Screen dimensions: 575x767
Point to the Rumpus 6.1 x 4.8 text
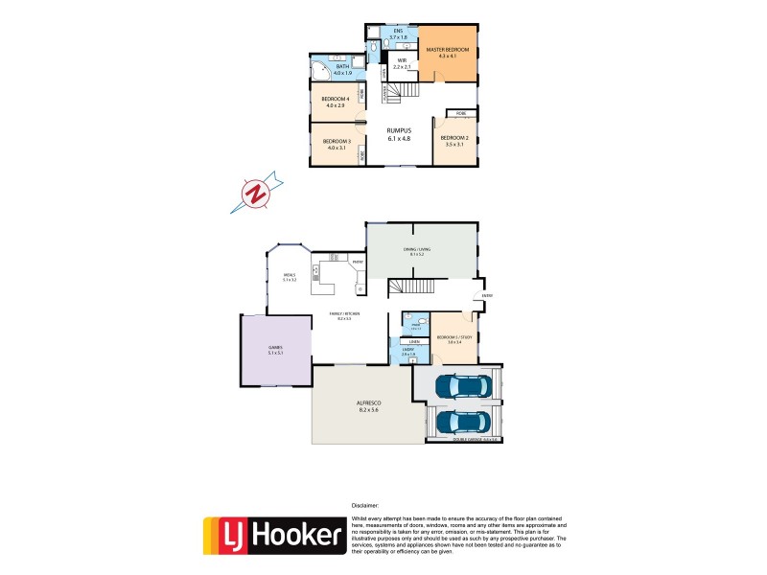coord(398,134)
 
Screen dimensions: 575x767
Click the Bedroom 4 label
coord(335,103)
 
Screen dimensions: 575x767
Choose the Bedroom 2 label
coord(452,140)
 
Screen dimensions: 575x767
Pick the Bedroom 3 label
coord(337,145)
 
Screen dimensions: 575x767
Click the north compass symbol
coord(256,192)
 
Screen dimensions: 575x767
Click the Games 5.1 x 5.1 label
coord(277,351)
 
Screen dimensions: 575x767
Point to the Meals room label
coord(290,278)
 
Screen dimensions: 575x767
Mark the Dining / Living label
coord(419,251)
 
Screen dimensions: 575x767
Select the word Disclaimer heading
coord(364,504)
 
